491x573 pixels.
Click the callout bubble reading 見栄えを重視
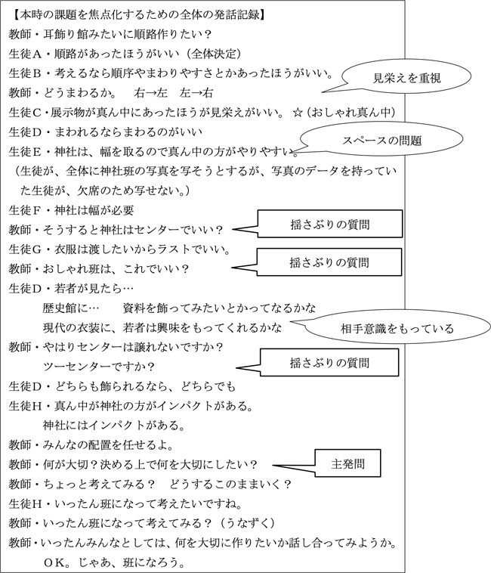[x=406, y=77]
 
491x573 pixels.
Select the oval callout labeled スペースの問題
[x=381, y=139]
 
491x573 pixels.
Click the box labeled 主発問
[x=347, y=463]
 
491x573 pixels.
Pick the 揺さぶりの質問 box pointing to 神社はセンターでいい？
[x=329, y=224]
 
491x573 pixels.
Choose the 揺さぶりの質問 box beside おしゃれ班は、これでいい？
[x=329, y=262]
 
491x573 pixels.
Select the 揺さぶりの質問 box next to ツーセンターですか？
[x=329, y=363]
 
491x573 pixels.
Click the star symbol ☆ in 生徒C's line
[x=297, y=112]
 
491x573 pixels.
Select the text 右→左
[x=150, y=93]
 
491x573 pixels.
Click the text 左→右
[x=196, y=93]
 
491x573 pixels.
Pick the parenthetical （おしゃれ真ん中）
[x=350, y=112]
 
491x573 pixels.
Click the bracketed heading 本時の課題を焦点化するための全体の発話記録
[x=140, y=15]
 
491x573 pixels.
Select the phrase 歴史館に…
[x=70, y=308]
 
